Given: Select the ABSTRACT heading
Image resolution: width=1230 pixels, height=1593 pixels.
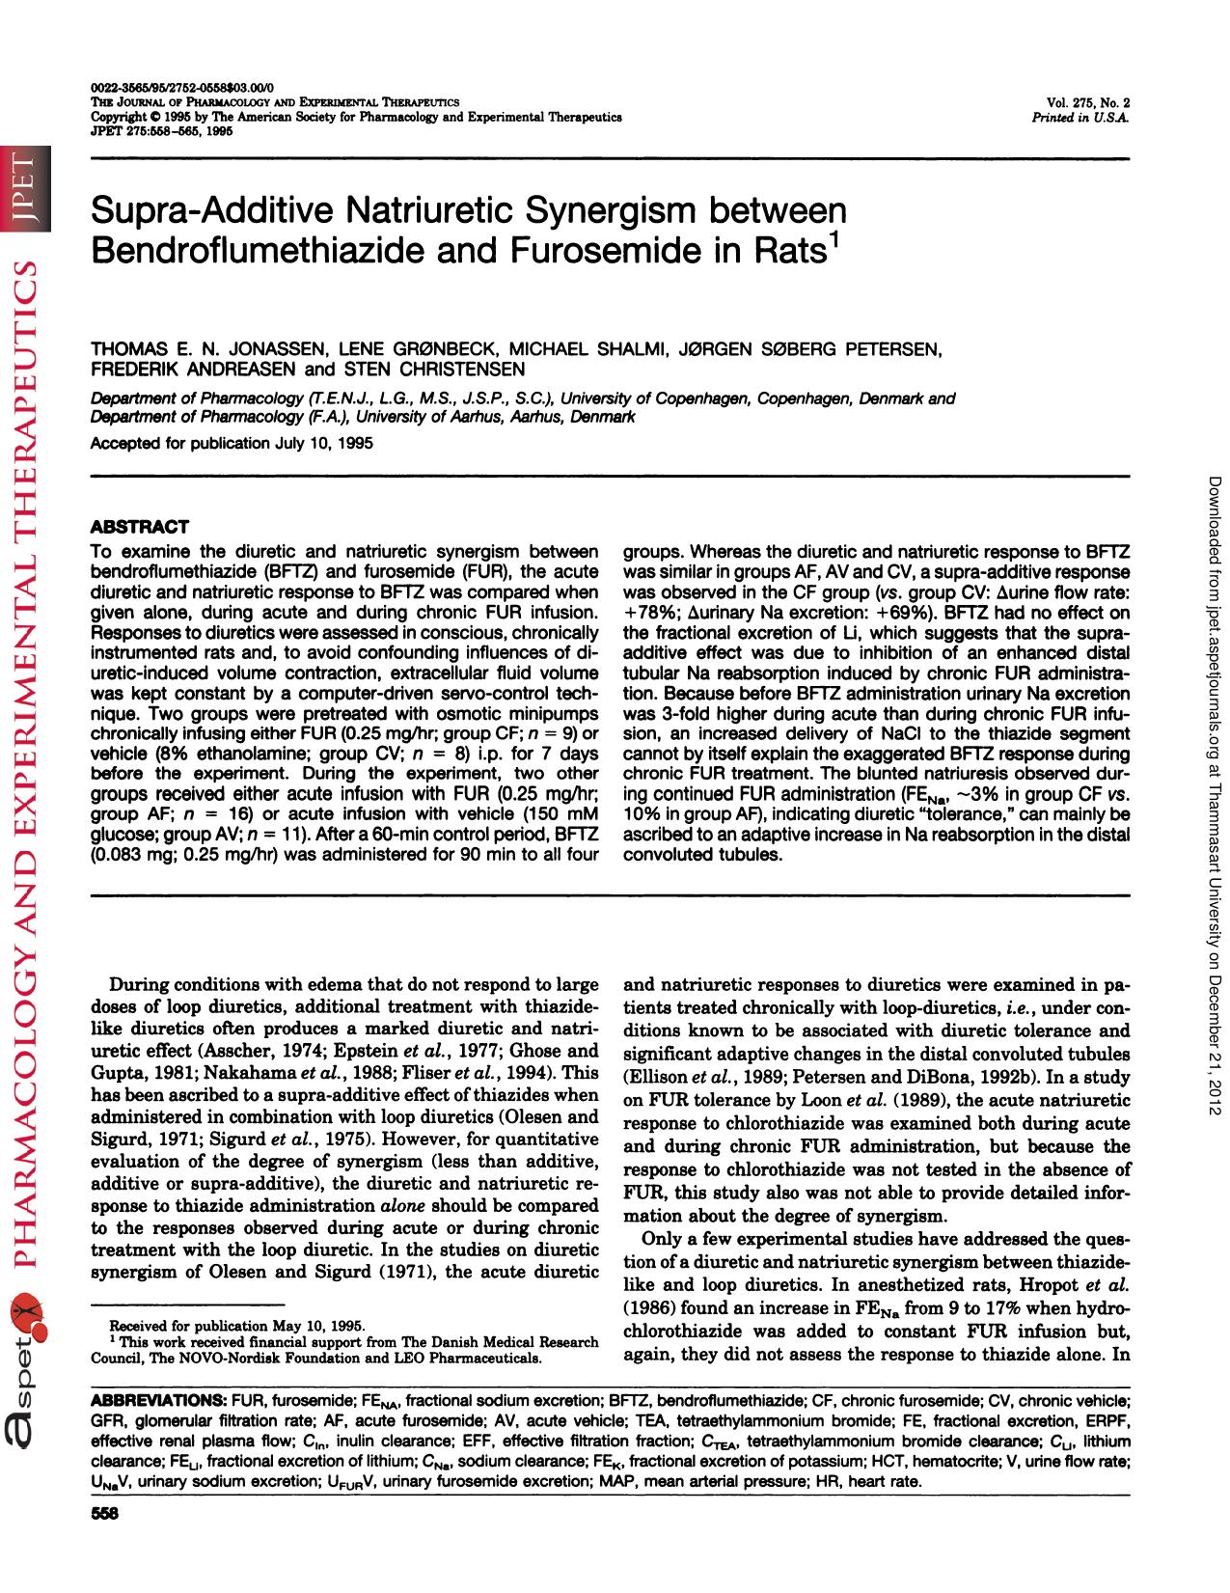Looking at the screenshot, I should pos(139,527).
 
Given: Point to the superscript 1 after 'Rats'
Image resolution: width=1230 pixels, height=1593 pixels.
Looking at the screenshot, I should pos(834,239).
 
